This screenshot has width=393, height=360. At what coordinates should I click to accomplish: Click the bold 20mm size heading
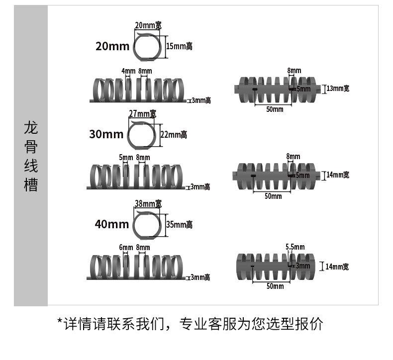click(x=112, y=46)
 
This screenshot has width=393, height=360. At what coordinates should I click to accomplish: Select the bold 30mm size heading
click(x=106, y=134)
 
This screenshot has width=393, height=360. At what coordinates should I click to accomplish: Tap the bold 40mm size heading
click(x=111, y=224)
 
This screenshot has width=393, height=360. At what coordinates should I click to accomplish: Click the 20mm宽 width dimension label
click(x=148, y=25)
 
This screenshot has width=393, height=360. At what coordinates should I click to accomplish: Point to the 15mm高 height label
click(x=179, y=46)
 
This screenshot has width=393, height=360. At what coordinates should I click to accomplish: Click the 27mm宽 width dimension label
click(x=142, y=113)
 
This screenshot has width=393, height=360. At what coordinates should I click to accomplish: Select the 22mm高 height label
click(x=174, y=134)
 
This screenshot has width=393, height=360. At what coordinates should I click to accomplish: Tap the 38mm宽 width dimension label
click(x=148, y=203)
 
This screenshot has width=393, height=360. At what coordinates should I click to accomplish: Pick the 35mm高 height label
click(x=179, y=225)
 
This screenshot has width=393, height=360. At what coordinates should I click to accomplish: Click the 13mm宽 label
click(x=338, y=89)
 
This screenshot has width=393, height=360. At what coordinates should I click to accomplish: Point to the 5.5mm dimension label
click(x=295, y=246)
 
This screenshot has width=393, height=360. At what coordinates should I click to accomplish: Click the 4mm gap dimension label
click(x=128, y=71)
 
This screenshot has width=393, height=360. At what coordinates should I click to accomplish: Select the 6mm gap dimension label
click(x=125, y=248)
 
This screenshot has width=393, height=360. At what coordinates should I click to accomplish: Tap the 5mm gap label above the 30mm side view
click(x=125, y=158)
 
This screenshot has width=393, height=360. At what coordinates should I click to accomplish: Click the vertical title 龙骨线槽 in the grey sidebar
click(x=31, y=156)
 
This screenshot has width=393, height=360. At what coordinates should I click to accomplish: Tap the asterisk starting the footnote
click(x=60, y=324)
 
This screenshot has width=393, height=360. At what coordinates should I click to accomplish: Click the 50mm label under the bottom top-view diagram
click(x=275, y=286)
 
